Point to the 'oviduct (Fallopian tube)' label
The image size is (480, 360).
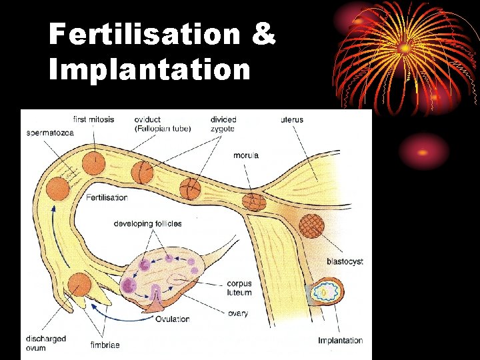click(x=162, y=124)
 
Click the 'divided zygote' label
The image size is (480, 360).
click(x=223, y=124)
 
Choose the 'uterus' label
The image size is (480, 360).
click(x=291, y=120)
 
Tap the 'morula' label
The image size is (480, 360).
click(x=246, y=155)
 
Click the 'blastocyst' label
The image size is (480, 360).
click(x=345, y=262)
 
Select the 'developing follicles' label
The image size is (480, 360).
click(x=147, y=223)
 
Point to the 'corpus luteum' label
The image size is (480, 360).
click(x=239, y=288)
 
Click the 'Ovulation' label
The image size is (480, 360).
click(x=172, y=319)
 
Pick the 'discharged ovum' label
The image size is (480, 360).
click(x=47, y=343)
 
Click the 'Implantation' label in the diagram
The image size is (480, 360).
click(x=340, y=341)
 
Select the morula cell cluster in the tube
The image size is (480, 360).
click(x=253, y=200)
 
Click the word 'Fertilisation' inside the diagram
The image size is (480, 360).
click(x=107, y=197)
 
